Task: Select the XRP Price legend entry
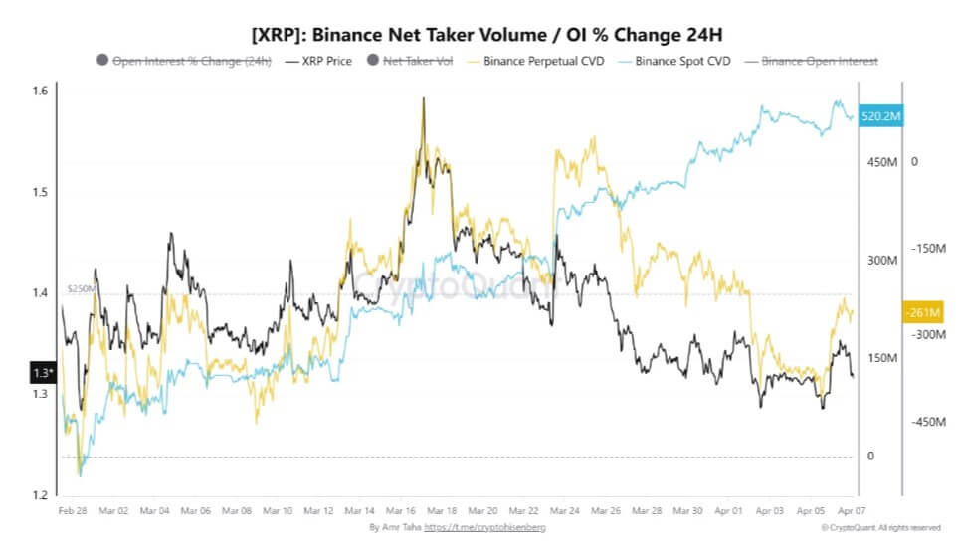pyautogui.click(x=318, y=62)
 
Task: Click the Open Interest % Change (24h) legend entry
pyautogui.click(x=189, y=62)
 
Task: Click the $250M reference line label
pyautogui.click(x=80, y=288)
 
